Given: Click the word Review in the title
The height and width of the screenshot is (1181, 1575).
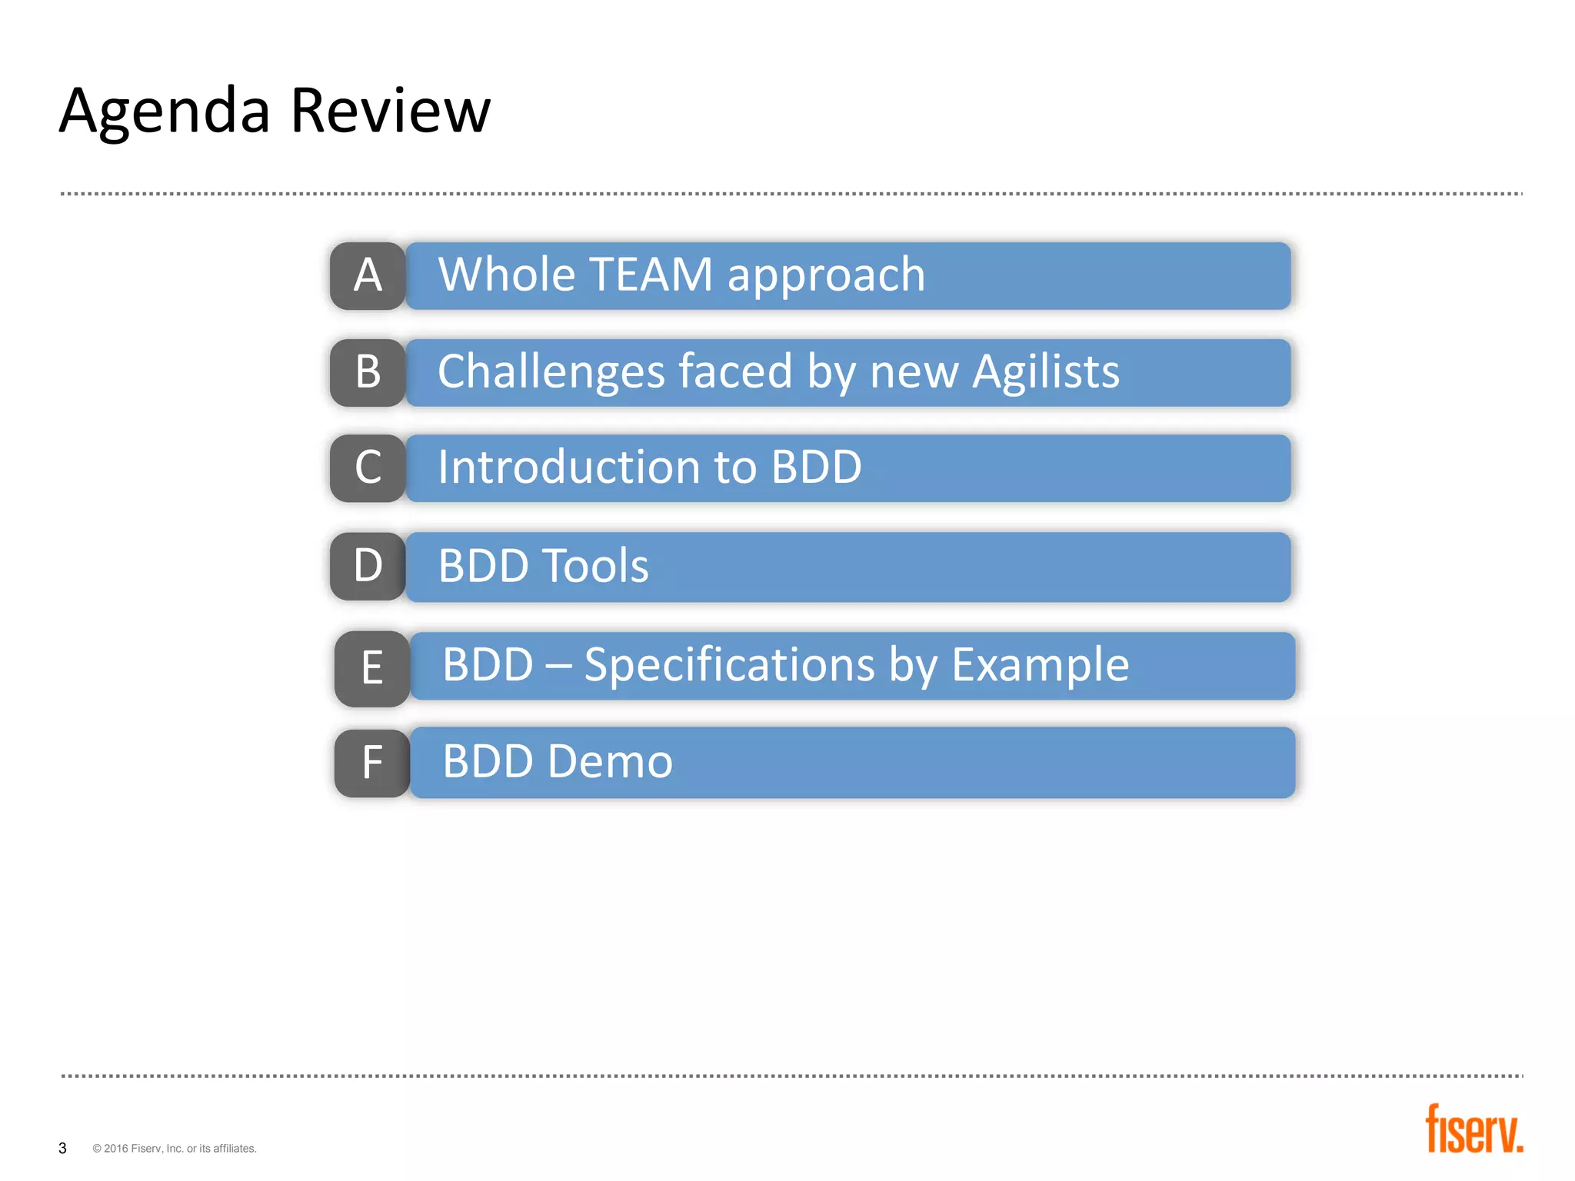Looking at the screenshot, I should click(x=390, y=111).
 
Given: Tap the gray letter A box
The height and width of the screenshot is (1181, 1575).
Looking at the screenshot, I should click(x=368, y=276).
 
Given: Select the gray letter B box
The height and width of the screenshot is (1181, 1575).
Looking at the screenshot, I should click(x=368, y=372).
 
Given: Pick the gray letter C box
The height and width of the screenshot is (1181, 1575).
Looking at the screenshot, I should click(x=368, y=468).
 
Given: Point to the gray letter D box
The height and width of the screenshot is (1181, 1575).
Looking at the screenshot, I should click(x=368, y=566).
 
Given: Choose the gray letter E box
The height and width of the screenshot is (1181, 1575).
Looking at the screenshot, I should click(x=372, y=668).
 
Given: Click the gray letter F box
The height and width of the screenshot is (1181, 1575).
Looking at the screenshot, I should click(x=372, y=763).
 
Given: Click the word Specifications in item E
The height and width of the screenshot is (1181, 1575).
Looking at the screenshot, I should click(x=729, y=665).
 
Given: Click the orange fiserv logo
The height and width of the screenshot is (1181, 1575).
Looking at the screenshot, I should click(x=1473, y=1129).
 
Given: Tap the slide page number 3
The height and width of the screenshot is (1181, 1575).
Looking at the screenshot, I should click(x=62, y=1148).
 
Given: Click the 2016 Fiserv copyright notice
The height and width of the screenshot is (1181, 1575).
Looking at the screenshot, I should click(x=175, y=1149).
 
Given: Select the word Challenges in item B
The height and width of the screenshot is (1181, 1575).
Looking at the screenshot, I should click(x=551, y=372).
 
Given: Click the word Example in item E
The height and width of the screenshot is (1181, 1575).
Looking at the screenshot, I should click(x=1040, y=665).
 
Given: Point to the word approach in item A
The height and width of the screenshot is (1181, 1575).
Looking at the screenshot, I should click(x=826, y=276).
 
